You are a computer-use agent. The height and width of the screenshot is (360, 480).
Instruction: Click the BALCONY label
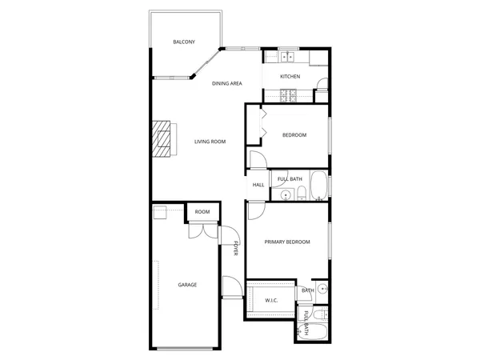[184, 42]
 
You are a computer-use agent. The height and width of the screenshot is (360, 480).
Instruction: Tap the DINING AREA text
[227, 83]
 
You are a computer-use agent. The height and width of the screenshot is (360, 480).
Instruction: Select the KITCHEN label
[290, 77]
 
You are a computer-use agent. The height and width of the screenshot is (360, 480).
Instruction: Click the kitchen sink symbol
[287, 57]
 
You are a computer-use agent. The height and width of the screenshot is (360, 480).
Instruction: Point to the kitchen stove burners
[287, 96]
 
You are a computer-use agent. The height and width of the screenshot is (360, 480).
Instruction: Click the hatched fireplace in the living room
[162, 142]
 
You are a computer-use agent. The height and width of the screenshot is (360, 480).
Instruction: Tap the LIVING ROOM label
[210, 142]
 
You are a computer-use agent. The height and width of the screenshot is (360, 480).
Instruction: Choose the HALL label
[258, 185]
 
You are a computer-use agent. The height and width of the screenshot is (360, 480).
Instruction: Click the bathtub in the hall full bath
[318, 186]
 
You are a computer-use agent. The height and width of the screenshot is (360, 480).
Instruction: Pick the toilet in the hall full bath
[302, 193]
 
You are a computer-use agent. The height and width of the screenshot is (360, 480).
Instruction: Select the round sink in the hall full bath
[286, 194]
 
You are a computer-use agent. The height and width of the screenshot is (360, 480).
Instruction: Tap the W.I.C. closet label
[271, 300]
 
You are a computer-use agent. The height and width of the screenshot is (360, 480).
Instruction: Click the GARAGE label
[187, 285]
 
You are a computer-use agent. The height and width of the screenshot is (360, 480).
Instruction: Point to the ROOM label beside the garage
[202, 212]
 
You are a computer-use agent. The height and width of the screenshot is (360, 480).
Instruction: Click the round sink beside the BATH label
[322, 289]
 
